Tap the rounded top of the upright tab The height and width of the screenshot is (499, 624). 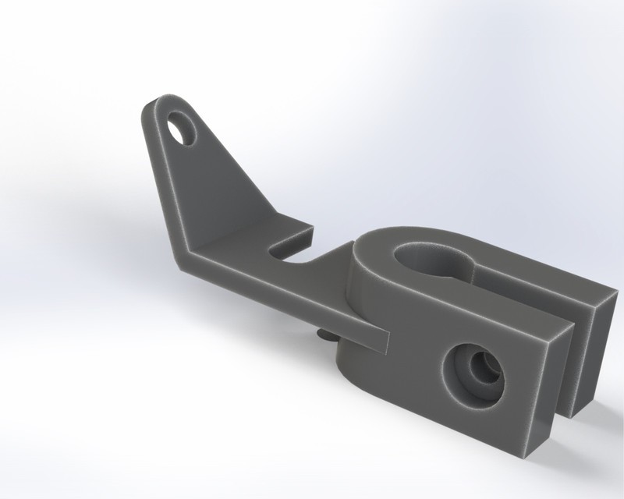pos(168,99)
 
